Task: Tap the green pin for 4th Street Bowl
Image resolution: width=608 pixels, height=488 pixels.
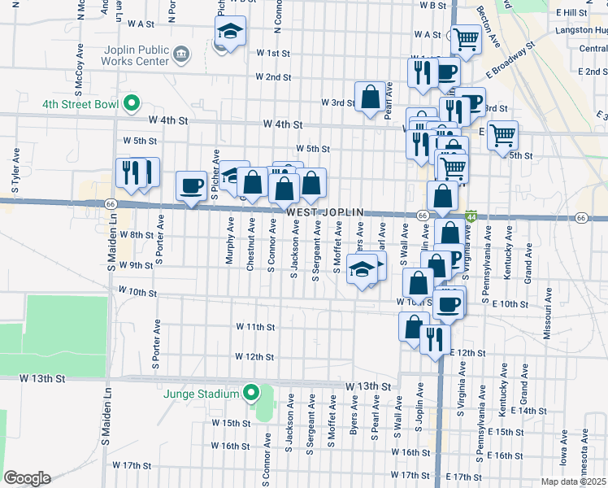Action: [x=129, y=104]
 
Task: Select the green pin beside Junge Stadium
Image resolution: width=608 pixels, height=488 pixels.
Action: [x=251, y=394]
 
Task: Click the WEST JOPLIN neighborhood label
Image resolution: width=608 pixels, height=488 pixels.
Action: [x=324, y=212]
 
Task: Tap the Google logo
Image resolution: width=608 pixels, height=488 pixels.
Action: [x=26, y=477]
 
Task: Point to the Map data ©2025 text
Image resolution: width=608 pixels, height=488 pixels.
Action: [x=573, y=481]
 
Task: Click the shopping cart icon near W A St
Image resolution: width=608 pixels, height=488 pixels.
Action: [x=466, y=37]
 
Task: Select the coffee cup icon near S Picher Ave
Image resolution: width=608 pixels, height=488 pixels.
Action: [x=192, y=185]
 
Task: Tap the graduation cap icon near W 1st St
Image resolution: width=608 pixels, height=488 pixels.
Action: [x=230, y=33]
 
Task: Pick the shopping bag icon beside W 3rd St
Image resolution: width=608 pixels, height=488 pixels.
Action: [x=371, y=97]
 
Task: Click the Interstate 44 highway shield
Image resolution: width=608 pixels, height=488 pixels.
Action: [x=471, y=217]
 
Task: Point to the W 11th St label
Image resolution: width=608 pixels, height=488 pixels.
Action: [x=256, y=326]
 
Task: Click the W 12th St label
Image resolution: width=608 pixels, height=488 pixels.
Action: [x=255, y=356]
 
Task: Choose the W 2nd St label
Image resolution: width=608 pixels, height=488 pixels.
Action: [x=273, y=77]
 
